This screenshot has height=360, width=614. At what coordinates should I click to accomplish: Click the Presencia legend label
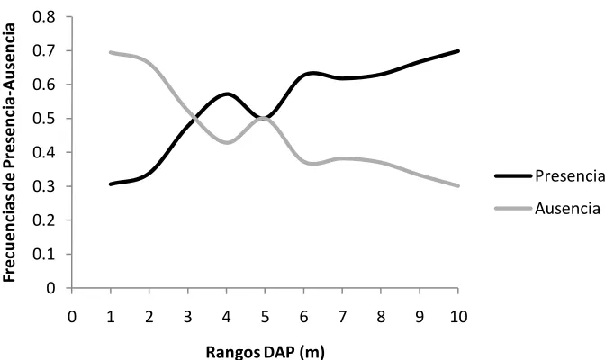click(x=570, y=176)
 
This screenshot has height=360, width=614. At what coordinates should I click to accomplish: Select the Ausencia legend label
click(x=567, y=208)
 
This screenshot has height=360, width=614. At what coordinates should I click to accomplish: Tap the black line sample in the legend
click(x=513, y=176)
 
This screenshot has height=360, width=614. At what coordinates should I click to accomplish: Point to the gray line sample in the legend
click(x=513, y=208)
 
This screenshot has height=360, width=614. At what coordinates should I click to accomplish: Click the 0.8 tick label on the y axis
click(x=44, y=17)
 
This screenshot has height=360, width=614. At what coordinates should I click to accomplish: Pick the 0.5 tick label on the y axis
click(x=44, y=118)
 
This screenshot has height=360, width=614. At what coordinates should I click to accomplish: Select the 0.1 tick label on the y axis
click(x=44, y=254)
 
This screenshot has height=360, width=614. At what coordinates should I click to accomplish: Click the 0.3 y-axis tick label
click(x=44, y=186)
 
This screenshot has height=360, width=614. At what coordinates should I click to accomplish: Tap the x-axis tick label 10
click(x=458, y=317)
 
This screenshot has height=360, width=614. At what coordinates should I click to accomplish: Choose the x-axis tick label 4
click(x=226, y=317)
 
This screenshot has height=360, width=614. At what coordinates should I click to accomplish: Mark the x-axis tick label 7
click(x=342, y=317)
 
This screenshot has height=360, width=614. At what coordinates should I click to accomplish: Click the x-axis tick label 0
click(x=72, y=317)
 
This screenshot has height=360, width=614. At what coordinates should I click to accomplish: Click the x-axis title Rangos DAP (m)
click(x=265, y=352)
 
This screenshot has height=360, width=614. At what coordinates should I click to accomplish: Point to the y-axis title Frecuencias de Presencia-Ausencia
click(x=9, y=152)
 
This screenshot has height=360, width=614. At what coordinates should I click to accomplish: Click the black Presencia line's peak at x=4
click(x=227, y=94)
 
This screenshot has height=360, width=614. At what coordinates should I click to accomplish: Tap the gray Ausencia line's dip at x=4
click(x=227, y=142)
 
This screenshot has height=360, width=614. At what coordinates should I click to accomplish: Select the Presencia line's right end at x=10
click(x=457, y=51)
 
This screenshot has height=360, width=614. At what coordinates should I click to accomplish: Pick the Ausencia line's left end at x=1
click(x=112, y=52)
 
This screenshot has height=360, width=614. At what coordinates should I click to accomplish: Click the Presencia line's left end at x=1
click(x=112, y=184)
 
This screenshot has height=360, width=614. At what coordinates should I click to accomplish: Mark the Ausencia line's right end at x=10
click(x=457, y=186)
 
